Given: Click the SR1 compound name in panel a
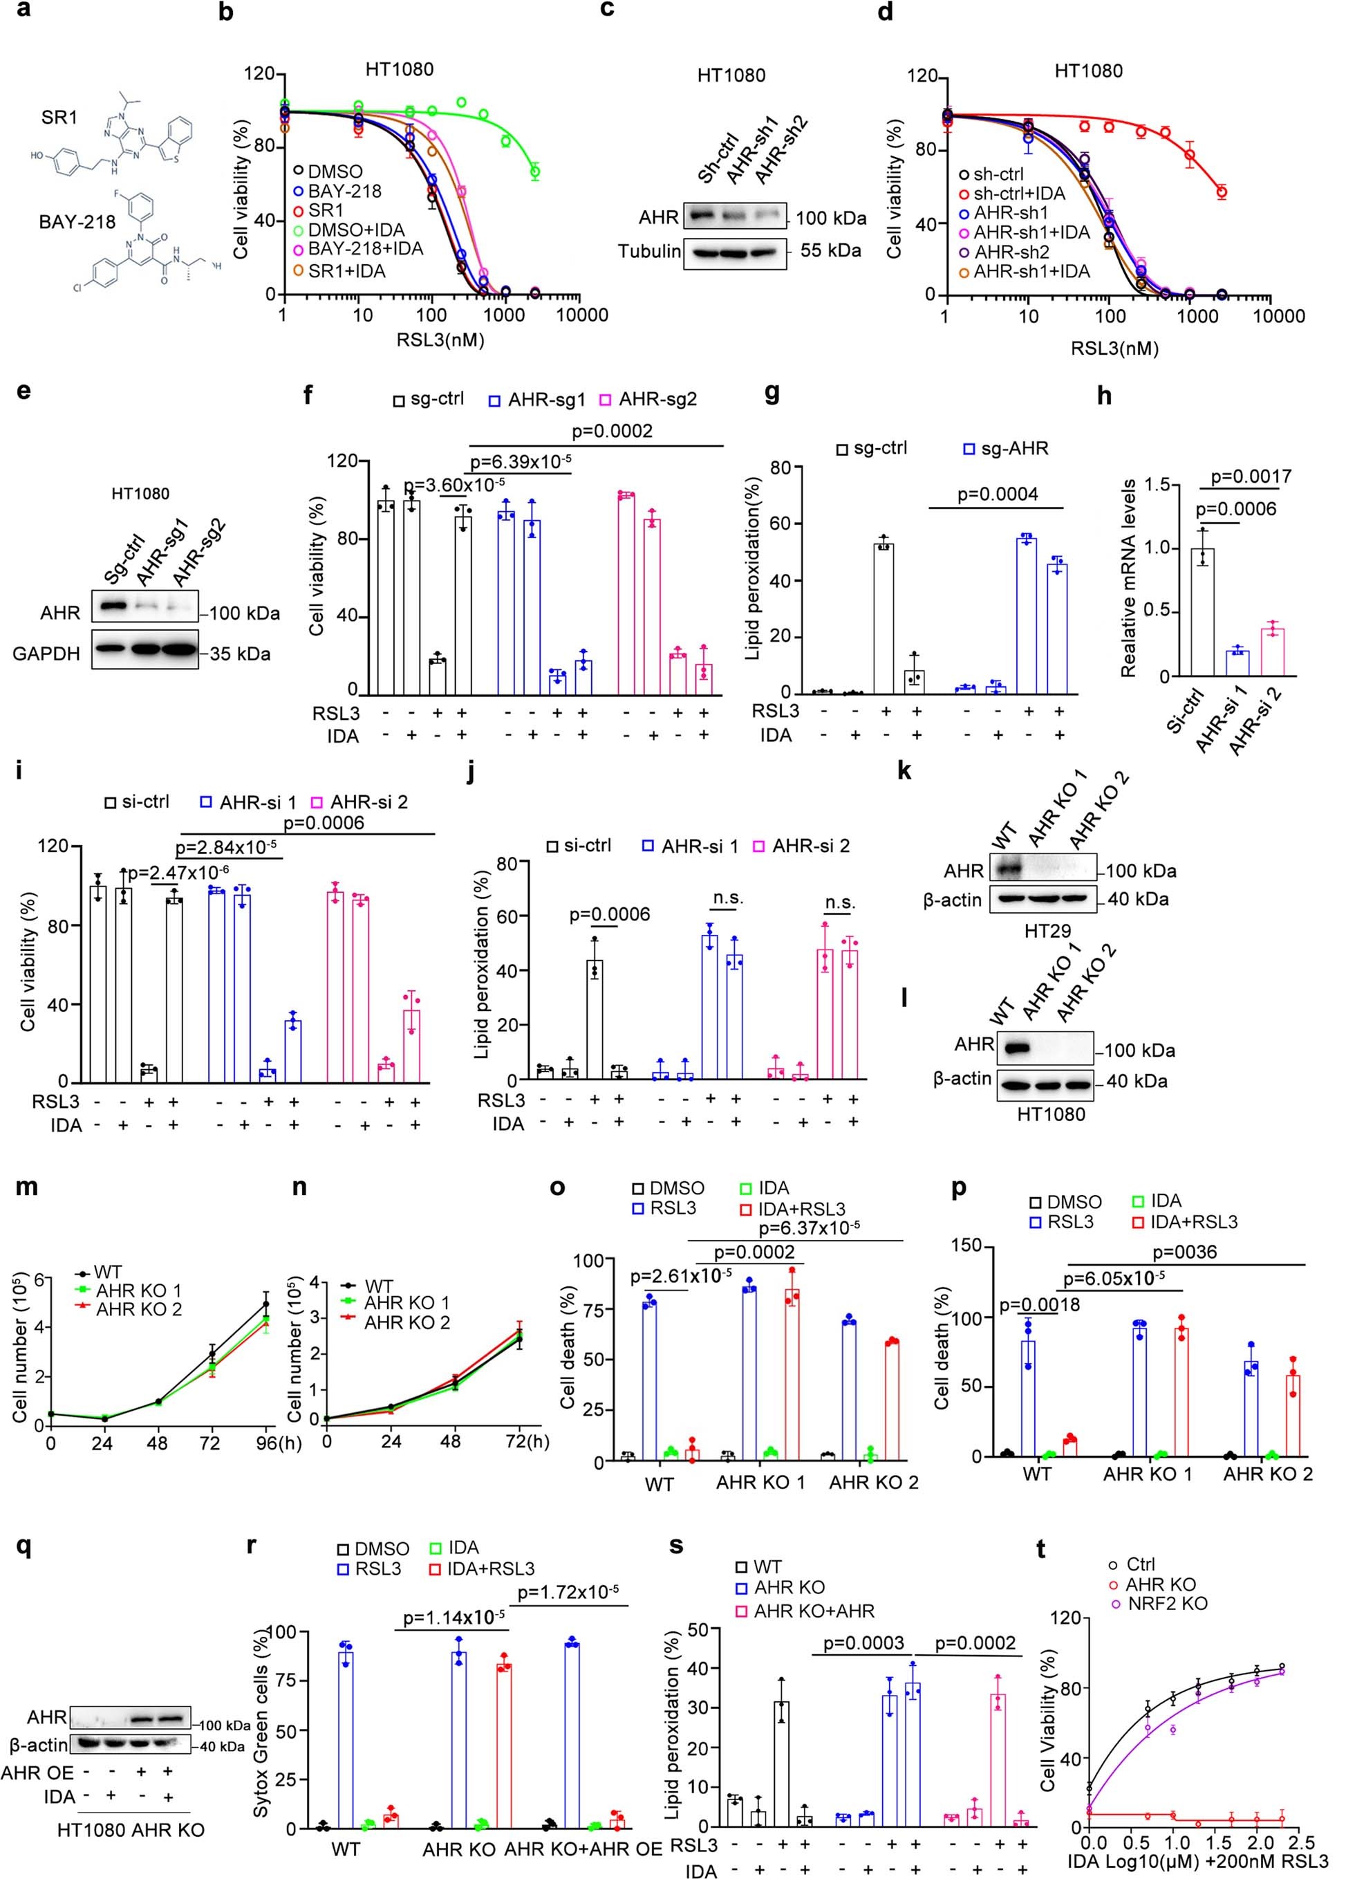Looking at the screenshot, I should (59, 118).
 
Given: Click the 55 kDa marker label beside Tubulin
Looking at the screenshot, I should (830, 250).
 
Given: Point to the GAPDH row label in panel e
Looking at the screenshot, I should (46, 654).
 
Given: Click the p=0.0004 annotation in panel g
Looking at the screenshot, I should (998, 494).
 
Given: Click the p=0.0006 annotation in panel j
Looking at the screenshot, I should (610, 915).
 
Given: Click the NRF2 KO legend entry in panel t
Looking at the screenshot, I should (1167, 1603).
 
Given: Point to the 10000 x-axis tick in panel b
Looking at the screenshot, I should (580, 315).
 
